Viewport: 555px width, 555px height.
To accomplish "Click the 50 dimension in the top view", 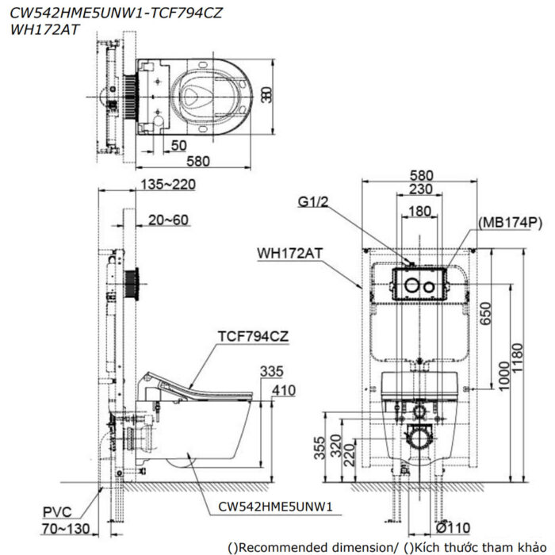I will point(178,145).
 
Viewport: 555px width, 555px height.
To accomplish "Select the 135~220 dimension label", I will point(166,185).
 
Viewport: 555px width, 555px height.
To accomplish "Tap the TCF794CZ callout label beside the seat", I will point(253,335).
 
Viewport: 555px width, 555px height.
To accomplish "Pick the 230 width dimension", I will point(421,189).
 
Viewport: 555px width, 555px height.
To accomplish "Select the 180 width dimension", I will point(421,212).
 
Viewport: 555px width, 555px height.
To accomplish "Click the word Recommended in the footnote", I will point(281,546).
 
